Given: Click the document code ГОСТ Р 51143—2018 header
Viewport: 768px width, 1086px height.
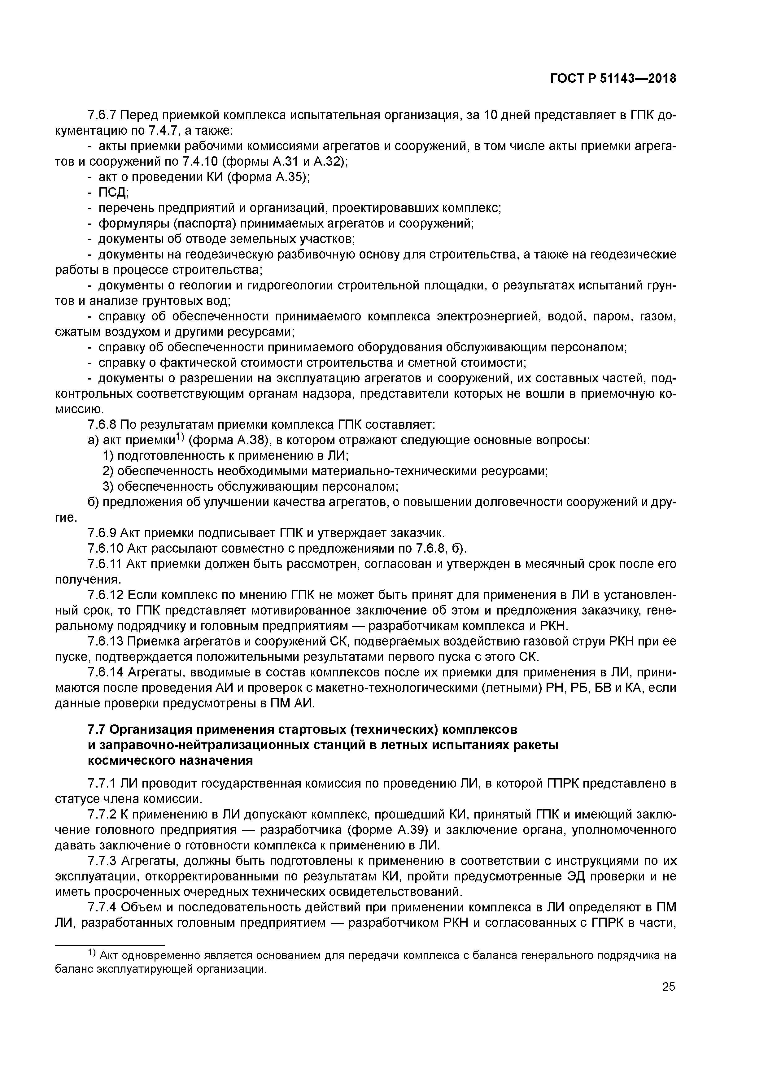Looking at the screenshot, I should (613, 79).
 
